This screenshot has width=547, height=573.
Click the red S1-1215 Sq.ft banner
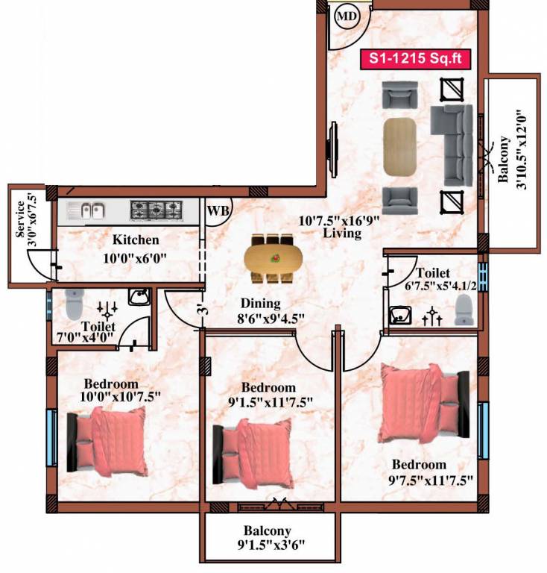(417, 60)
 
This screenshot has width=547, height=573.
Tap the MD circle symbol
(347, 16)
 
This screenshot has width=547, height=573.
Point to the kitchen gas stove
(156, 210)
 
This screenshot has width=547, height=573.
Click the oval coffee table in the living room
(402, 145)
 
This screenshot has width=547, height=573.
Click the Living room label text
(342, 234)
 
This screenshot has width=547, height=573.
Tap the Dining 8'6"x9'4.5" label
(260, 311)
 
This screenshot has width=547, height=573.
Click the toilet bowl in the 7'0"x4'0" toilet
(73, 302)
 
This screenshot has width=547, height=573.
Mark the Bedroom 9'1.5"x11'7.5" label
(269, 395)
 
